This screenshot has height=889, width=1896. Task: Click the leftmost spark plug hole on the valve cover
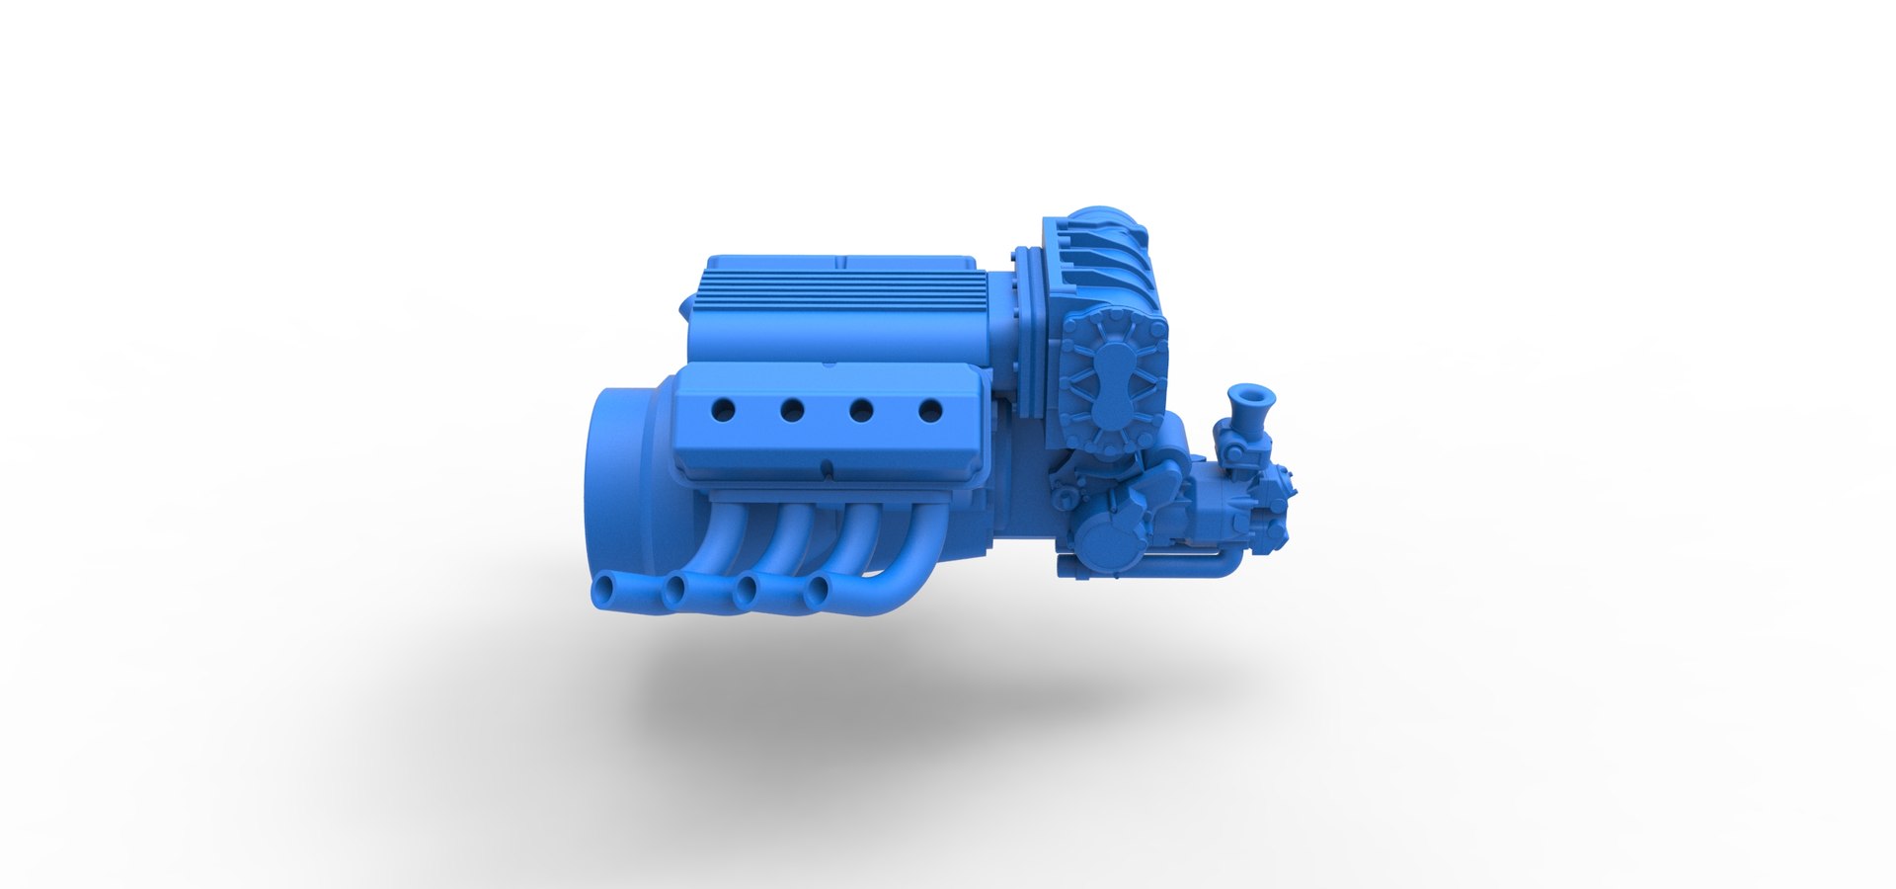click(724, 407)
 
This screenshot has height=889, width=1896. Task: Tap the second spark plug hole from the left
click(792, 408)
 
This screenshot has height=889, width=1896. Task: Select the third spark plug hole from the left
click(861, 409)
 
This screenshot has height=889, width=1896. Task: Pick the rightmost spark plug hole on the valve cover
click(929, 409)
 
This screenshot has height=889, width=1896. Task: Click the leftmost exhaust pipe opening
click(602, 593)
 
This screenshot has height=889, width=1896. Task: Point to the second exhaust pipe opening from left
click(676, 593)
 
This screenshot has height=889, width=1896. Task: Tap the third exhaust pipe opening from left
click(747, 593)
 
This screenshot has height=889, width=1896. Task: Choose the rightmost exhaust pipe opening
click(817, 593)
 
